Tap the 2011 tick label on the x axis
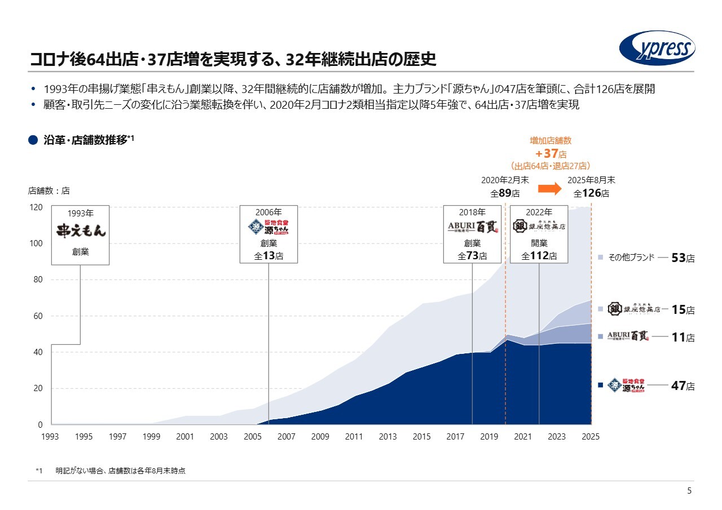pyautogui.click(x=354, y=437)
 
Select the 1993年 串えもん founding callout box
pyautogui.click(x=80, y=234)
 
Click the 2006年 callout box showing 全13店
pyautogui.click(x=268, y=234)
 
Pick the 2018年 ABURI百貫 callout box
pyautogui.click(x=472, y=234)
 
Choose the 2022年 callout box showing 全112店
pyautogui.click(x=539, y=234)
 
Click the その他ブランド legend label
pyautogui.click(x=631, y=258)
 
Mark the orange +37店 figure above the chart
pyautogui.click(x=550, y=153)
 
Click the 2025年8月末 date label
pyautogui.click(x=591, y=180)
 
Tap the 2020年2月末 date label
pyautogui.click(x=505, y=180)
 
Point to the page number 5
pyautogui.click(x=689, y=491)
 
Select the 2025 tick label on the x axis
pyautogui.click(x=591, y=437)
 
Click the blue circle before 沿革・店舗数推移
pyautogui.click(x=33, y=140)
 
